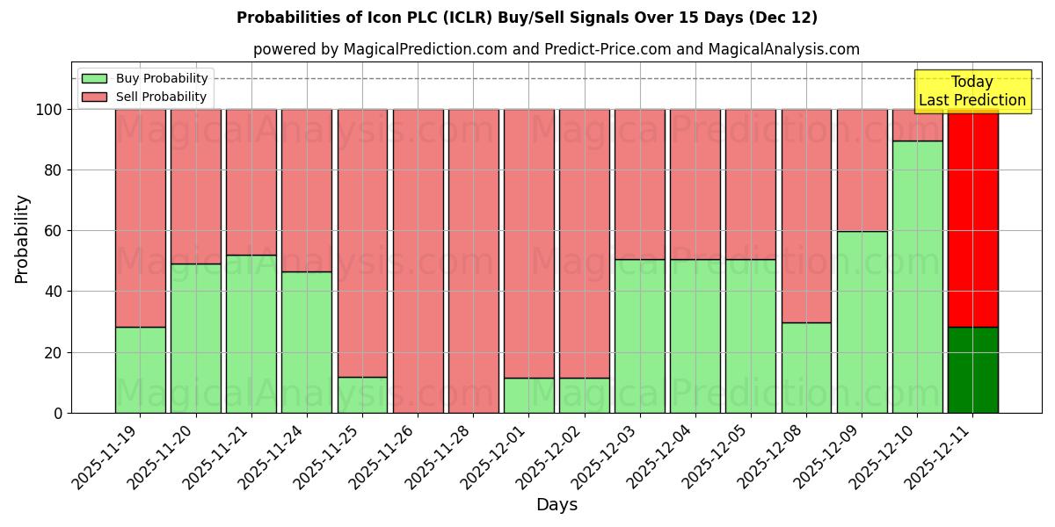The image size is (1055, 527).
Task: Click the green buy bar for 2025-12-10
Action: (917, 277)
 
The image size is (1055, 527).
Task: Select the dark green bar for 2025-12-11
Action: (972, 370)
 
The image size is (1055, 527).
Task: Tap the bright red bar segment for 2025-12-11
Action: (972, 218)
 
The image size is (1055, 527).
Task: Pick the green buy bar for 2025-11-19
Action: (140, 370)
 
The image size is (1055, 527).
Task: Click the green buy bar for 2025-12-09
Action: (862, 322)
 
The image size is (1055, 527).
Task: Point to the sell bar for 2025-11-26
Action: (418, 261)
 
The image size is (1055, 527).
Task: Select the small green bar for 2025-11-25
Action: (362, 395)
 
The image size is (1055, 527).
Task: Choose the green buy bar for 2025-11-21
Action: (251, 334)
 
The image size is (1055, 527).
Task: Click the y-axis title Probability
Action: (22, 239)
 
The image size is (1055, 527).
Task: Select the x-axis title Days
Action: (557, 505)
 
